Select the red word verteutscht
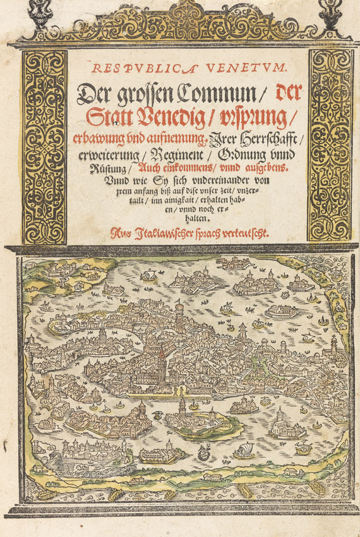[243, 232]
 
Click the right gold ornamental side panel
[329, 145]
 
